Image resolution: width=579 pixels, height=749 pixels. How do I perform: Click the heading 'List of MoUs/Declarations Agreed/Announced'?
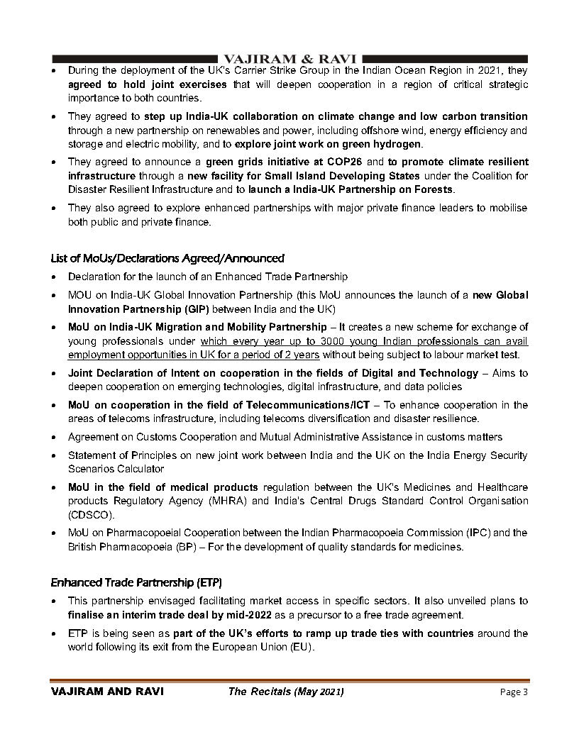click(x=167, y=258)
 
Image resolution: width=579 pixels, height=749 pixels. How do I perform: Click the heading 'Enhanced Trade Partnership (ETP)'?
click(x=136, y=583)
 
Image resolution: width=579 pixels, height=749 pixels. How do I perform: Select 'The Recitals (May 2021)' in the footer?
click(x=286, y=692)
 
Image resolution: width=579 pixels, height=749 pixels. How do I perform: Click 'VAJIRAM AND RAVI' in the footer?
click(x=107, y=692)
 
